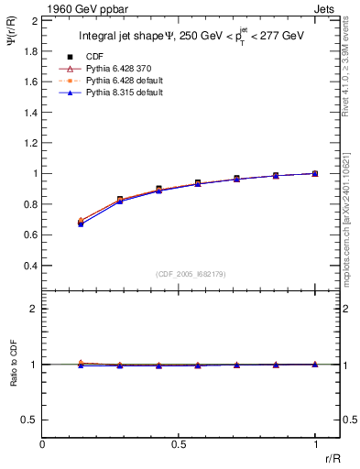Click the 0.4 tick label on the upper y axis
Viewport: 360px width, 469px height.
tap(30, 266)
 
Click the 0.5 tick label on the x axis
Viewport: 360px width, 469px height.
tap(179, 444)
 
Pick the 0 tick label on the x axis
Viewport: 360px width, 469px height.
tap(42, 444)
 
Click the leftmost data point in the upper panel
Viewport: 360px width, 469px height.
tap(81, 222)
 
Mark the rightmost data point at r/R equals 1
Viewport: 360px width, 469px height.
tap(315, 173)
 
